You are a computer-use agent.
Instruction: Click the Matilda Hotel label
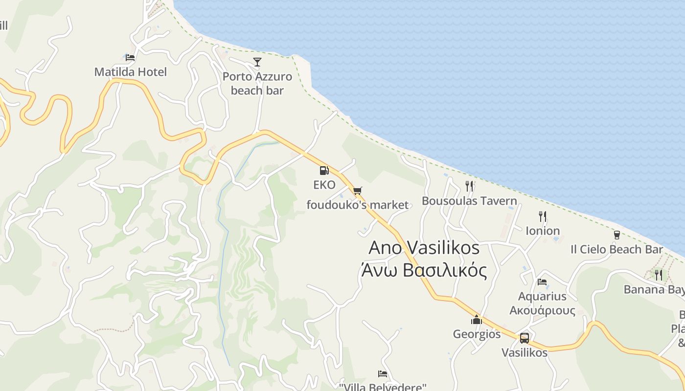coord(130,72)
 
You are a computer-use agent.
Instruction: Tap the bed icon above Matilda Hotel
coord(130,58)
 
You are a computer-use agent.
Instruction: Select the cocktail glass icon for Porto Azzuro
coord(257,62)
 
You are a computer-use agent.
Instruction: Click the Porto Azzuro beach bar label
coord(257,84)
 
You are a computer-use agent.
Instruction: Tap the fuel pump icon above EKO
coord(324,171)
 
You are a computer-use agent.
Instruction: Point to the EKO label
coord(324,185)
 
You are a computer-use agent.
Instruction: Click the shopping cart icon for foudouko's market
coord(358,191)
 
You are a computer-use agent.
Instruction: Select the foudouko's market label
coord(357,205)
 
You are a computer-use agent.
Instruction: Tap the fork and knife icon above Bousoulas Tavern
coord(469,186)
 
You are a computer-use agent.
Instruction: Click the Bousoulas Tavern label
coord(469,201)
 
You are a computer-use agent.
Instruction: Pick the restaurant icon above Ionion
coord(542,216)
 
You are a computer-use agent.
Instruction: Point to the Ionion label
coord(543,231)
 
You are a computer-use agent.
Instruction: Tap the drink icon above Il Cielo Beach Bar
coord(616,235)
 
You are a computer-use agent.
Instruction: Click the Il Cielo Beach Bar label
coord(616,249)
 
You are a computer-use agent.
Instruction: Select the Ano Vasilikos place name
coord(424,248)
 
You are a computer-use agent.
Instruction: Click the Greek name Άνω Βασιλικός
coord(424,270)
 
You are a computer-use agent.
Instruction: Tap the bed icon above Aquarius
coord(542,282)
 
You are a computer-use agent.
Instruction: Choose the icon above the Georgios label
coord(477,320)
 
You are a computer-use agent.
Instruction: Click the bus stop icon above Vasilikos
coord(525,338)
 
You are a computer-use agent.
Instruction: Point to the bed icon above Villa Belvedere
coord(383,374)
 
